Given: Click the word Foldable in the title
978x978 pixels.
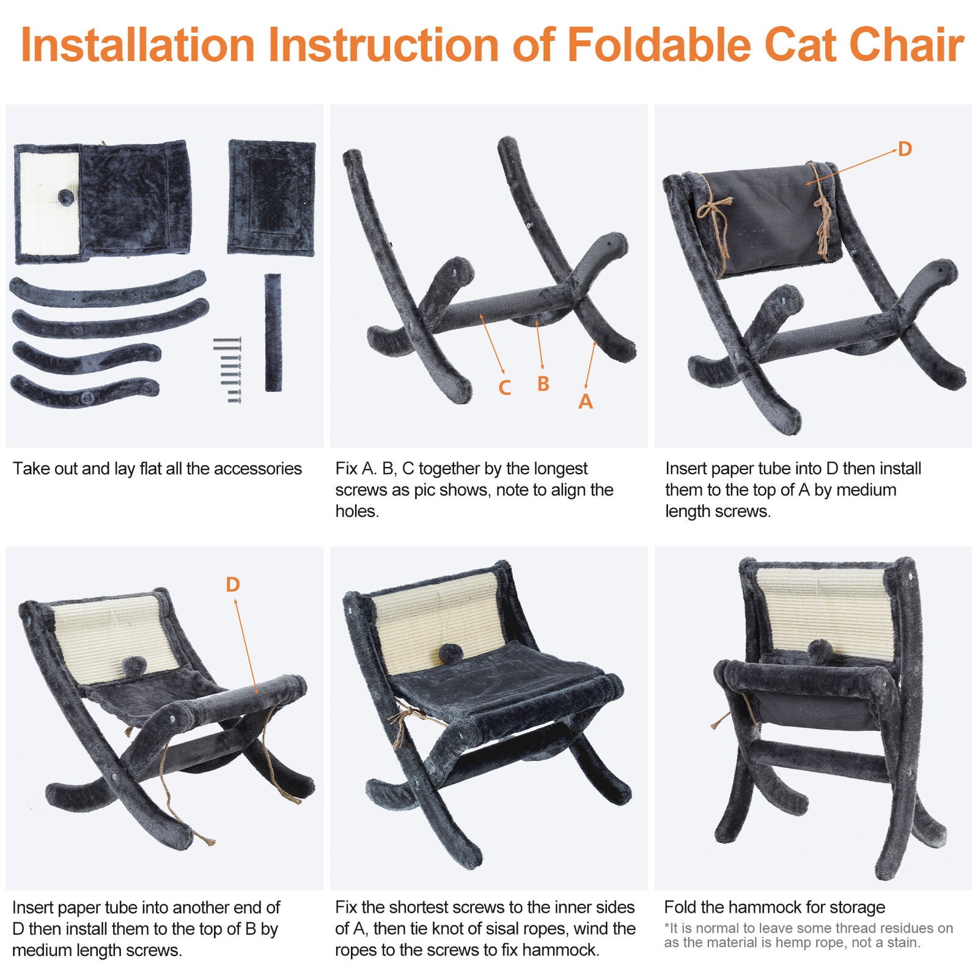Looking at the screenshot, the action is coord(660,45).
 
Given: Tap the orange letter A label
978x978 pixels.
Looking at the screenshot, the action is coord(586,402).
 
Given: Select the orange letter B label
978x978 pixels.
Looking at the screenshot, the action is coord(543,384).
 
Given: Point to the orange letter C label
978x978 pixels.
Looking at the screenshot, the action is coord(504,388).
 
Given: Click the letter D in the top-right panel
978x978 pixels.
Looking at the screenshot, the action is coord(905,149).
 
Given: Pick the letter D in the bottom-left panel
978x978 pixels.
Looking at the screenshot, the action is coord(232,584).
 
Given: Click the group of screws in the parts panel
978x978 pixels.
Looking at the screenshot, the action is coord(228,370).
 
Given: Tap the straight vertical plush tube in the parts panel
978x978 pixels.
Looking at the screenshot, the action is coord(273,333).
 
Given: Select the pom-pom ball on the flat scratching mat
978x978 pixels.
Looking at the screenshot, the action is coord(65,197).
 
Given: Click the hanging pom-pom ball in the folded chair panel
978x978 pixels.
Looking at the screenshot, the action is coord(817,652).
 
